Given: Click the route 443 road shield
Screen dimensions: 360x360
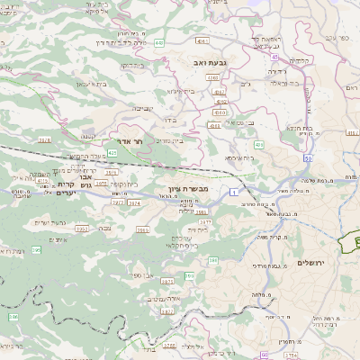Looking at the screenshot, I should [159, 42].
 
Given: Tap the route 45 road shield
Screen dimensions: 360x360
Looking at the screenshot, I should [273, 57].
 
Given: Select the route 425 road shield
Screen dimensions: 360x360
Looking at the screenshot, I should [112, 154].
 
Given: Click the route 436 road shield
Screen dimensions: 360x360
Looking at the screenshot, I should [259, 144].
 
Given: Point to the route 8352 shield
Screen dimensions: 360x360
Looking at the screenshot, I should [80, 229].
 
